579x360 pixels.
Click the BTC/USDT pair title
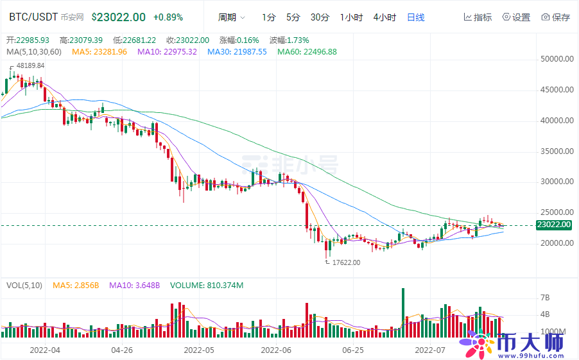(x=33, y=17)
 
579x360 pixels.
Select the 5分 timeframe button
(x=293, y=17)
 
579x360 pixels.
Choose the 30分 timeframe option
(x=320, y=17)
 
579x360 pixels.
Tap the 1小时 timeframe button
(x=351, y=17)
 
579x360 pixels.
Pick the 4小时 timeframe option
(x=385, y=17)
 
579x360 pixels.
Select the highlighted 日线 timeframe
(x=416, y=17)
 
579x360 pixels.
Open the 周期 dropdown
(x=231, y=17)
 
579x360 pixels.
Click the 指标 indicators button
(x=478, y=17)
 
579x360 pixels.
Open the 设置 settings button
(x=517, y=17)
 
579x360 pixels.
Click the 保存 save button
(x=555, y=17)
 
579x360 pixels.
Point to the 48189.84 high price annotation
(x=30, y=65)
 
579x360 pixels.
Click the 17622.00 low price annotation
(x=346, y=262)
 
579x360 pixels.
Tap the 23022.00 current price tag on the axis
(x=553, y=225)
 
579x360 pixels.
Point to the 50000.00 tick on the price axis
(x=556, y=59)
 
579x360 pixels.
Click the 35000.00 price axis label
(x=556, y=151)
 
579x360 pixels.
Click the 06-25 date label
(x=353, y=350)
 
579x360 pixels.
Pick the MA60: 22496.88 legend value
(x=307, y=51)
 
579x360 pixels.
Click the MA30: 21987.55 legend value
(x=237, y=51)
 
